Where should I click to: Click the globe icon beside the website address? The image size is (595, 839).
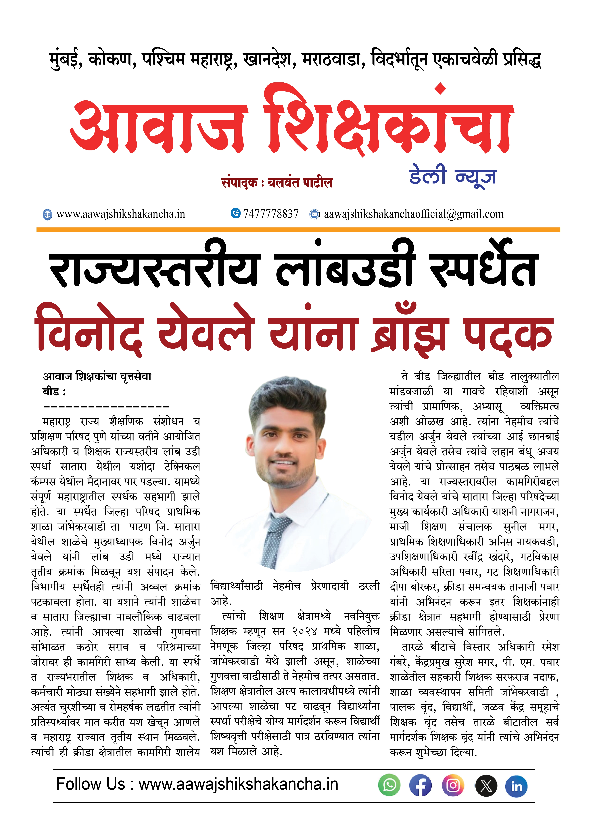click(47, 215)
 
